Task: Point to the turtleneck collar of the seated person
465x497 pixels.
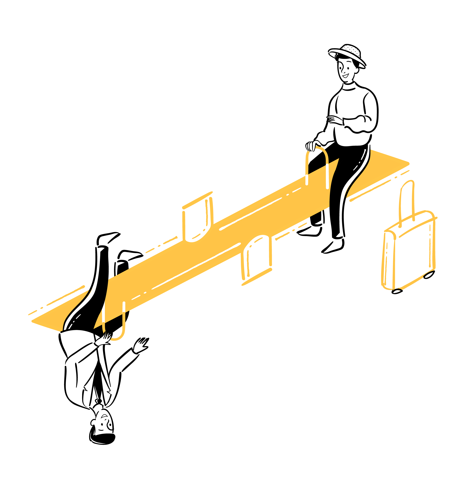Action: click(349, 86)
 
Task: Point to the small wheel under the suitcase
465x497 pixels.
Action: click(397, 290)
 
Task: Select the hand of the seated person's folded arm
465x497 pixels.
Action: click(334, 120)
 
